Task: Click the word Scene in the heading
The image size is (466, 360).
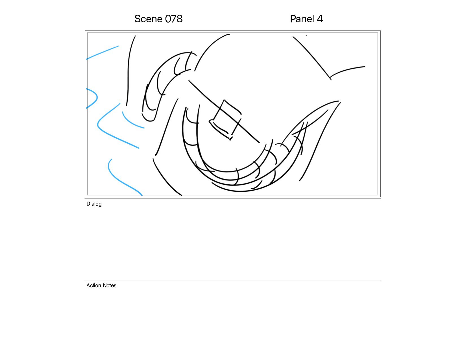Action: [x=148, y=19]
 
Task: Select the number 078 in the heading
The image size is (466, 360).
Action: [x=174, y=19]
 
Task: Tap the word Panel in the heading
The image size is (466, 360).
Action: [x=302, y=19]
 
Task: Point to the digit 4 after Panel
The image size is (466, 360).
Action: [x=320, y=19]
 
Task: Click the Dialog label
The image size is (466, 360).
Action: [x=94, y=204]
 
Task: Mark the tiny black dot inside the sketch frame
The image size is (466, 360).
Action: [x=306, y=35]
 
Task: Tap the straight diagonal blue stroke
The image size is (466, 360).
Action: [x=102, y=53]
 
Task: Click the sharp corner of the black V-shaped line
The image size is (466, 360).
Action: [x=330, y=78]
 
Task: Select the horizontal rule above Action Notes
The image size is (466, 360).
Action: [x=232, y=280]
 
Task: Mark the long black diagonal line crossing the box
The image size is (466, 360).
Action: [x=224, y=111]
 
